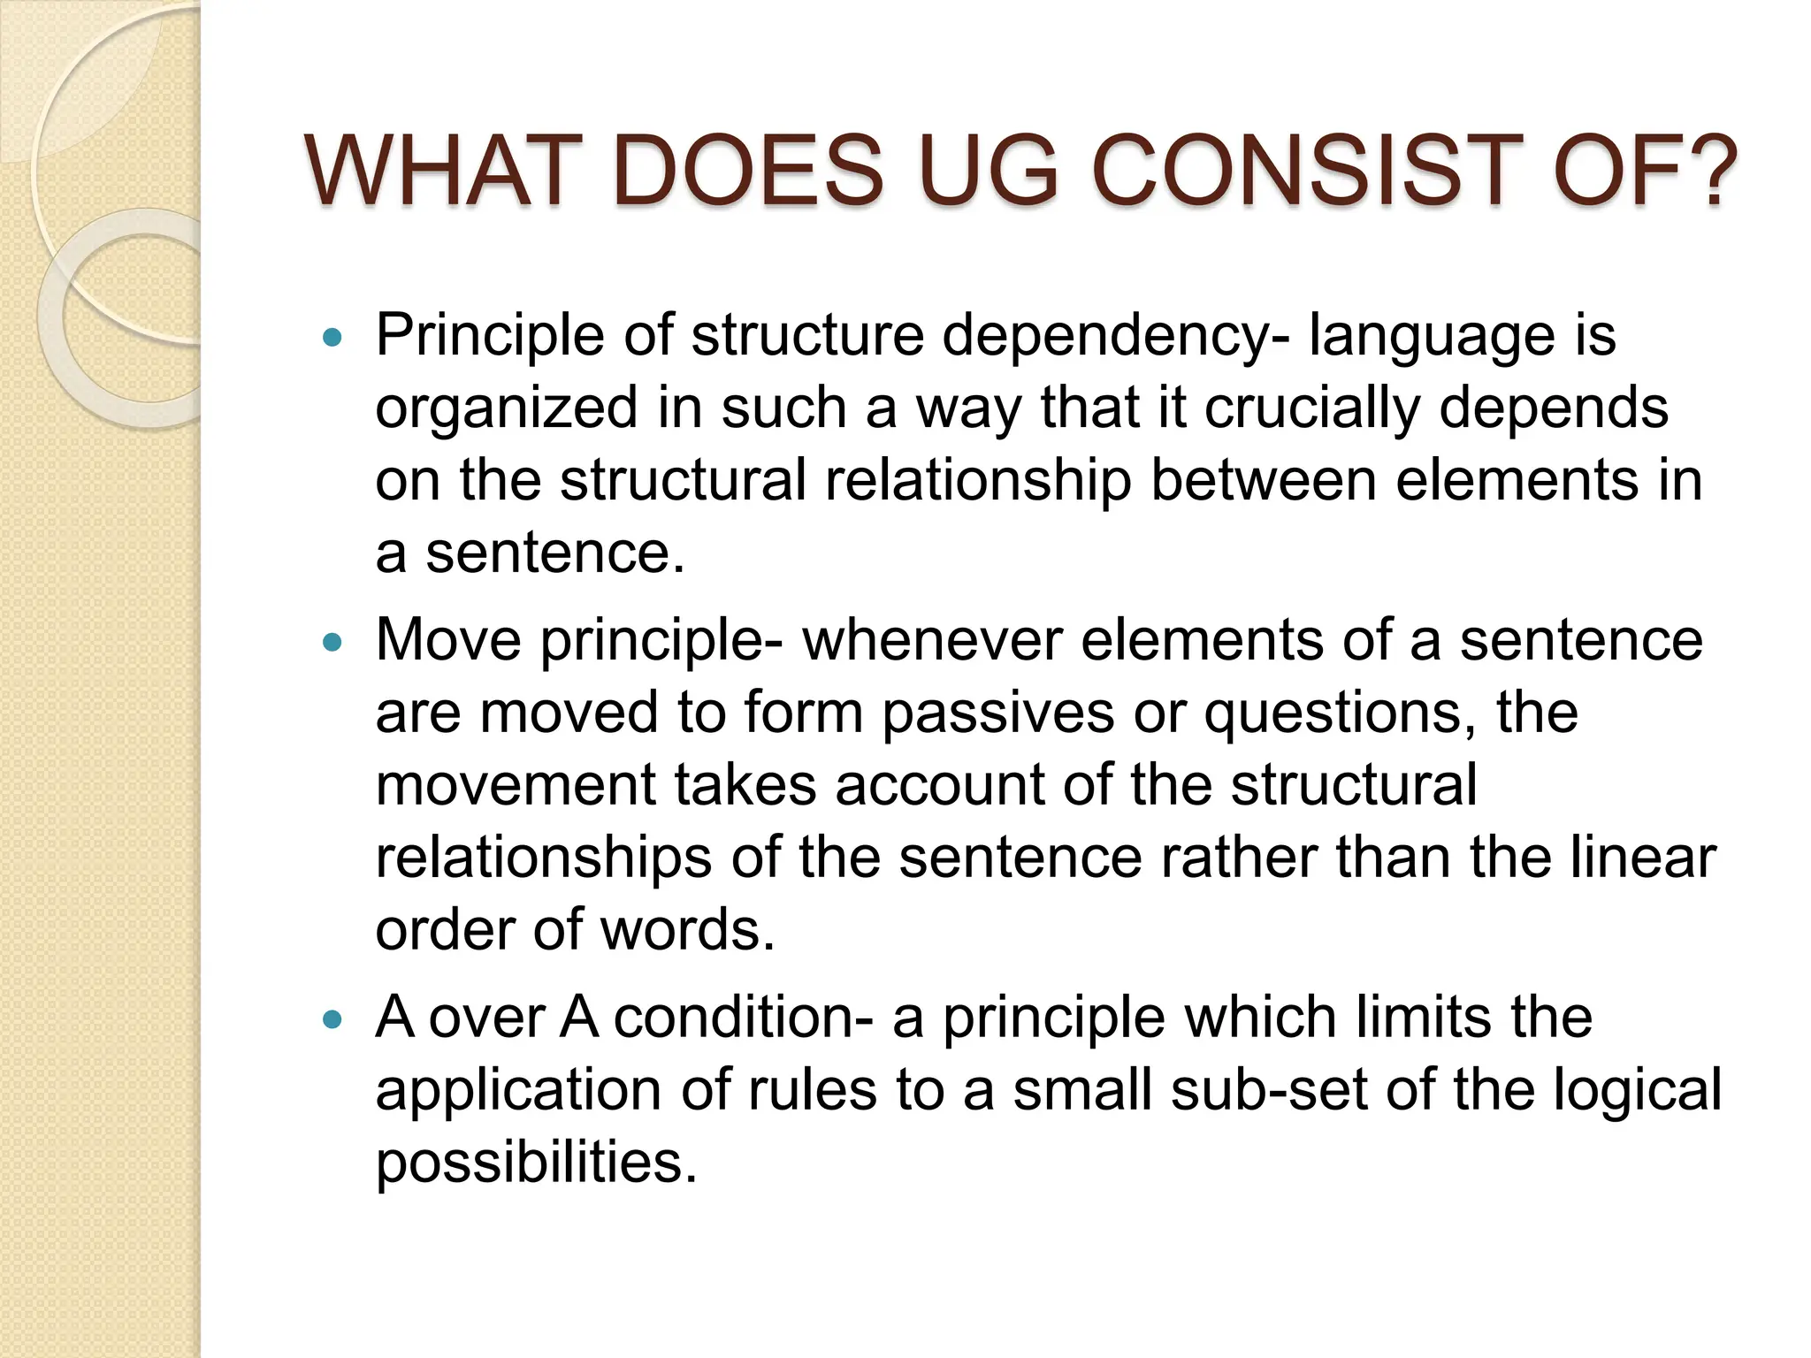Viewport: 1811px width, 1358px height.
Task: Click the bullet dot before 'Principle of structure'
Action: (332, 337)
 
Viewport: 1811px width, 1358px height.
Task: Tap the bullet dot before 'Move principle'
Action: (332, 642)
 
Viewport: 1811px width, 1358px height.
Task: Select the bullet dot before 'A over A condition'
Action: (332, 1019)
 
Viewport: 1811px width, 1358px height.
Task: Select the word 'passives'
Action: (998, 713)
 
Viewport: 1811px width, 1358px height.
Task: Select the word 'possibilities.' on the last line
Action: (536, 1163)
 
